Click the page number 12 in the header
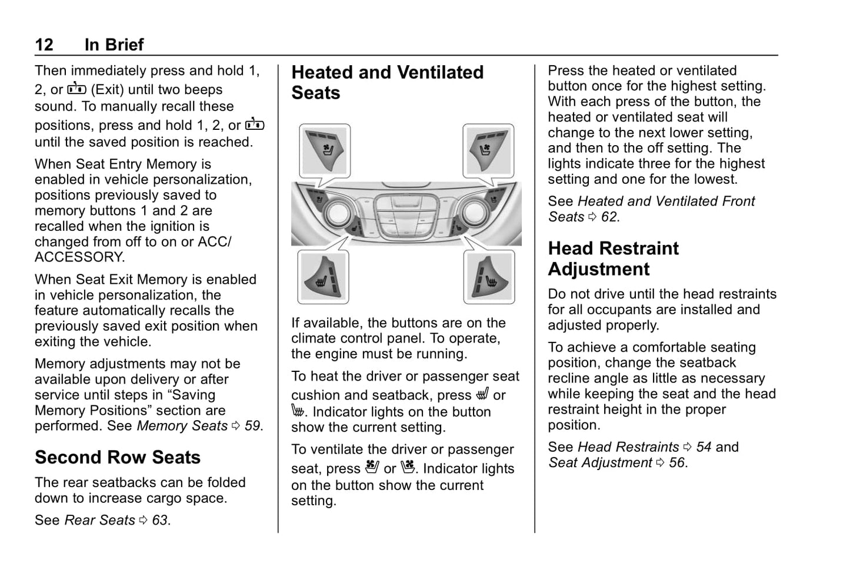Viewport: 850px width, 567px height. (x=44, y=45)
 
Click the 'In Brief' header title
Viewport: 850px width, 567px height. (x=114, y=45)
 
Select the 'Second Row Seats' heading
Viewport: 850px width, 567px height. (x=118, y=457)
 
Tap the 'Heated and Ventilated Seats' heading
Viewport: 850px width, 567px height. (x=387, y=82)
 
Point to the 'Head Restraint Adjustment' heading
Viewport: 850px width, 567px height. (x=613, y=259)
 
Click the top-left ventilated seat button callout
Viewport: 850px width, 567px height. (x=325, y=150)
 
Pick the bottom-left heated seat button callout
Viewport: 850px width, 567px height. (x=323, y=277)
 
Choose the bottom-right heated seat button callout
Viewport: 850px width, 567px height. (x=489, y=277)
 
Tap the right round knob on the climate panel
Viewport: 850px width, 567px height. (x=476, y=213)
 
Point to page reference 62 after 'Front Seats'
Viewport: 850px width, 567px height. (x=609, y=217)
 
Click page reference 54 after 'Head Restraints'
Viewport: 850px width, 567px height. (x=704, y=447)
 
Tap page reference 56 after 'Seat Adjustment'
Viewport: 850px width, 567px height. (x=677, y=463)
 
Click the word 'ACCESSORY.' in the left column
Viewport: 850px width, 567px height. (x=79, y=257)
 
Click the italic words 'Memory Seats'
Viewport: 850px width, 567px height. (x=182, y=426)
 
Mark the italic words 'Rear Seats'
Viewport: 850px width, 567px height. (x=100, y=520)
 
